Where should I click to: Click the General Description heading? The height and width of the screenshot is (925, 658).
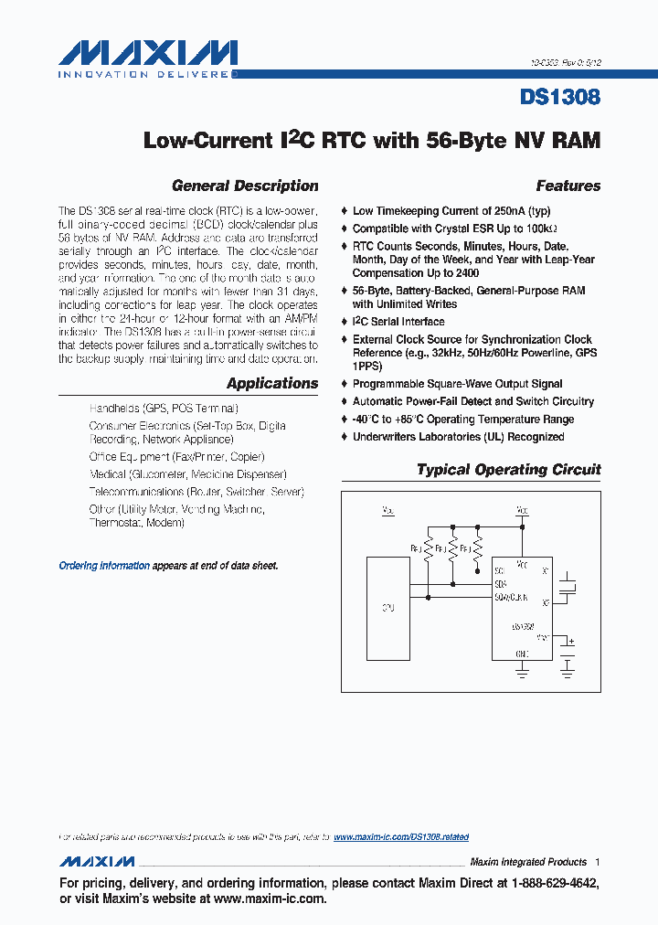[245, 186]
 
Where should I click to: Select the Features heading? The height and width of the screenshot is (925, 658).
[568, 186]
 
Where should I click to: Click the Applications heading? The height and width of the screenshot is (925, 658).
[272, 384]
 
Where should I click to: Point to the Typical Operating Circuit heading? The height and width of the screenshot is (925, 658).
[508, 470]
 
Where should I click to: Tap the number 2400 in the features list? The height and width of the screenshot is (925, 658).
[466, 273]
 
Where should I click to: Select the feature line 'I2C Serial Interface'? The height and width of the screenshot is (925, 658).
[398, 322]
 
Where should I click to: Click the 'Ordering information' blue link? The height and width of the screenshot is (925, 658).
[104, 566]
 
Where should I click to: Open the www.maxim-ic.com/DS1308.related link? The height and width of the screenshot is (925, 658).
[401, 836]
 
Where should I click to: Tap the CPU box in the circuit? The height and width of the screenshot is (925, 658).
[388, 608]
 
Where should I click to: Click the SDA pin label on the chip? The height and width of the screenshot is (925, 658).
[500, 583]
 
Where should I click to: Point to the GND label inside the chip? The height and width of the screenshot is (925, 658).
[522, 654]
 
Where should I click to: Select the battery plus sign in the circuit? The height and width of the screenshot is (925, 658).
[571, 642]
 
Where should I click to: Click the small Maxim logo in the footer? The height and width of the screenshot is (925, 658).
[97, 862]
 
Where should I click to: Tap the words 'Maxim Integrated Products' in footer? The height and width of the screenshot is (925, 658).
[527, 862]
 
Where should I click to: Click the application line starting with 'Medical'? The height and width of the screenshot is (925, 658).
[187, 474]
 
